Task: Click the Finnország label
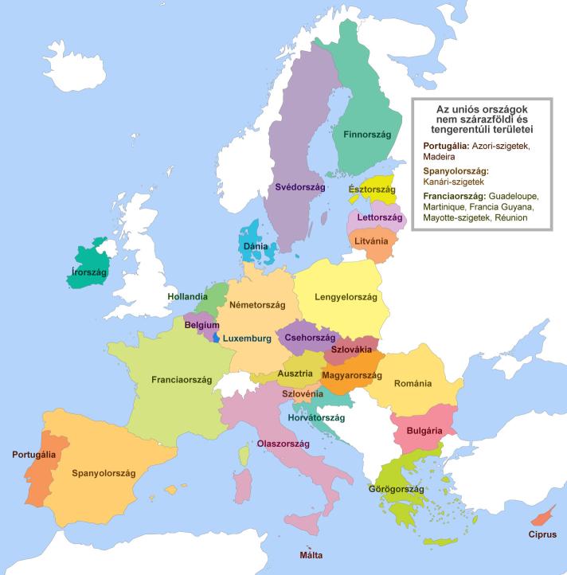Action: pyautogui.click(x=366, y=135)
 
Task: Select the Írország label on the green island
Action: pyautogui.click(x=88, y=272)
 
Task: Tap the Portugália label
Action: pyautogui.click(x=33, y=455)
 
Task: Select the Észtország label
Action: pyautogui.click(x=372, y=190)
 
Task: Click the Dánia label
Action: pyautogui.click(x=255, y=246)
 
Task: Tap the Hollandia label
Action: pyautogui.click(x=189, y=296)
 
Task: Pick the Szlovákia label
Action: pyautogui.click(x=351, y=350)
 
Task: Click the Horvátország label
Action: pyautogui.click(x=317, y=417)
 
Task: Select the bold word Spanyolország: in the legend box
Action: pyautogui.click(x=455, y=171)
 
